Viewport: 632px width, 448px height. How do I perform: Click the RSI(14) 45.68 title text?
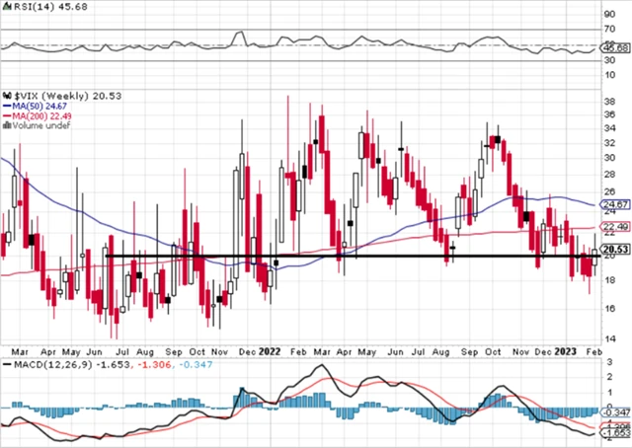[x=30, y=7]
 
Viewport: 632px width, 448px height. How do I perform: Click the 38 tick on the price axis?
[x=611, y=100]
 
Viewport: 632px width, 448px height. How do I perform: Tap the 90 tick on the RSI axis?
[x=611, y=15]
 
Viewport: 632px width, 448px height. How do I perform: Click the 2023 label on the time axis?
[x=566, y=350]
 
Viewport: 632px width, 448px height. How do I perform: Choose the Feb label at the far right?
[x=596, y=350]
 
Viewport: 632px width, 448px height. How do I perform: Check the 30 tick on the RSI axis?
[x=611, y=60]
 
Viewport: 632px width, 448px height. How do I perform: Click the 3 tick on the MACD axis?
[x=608, y=364]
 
